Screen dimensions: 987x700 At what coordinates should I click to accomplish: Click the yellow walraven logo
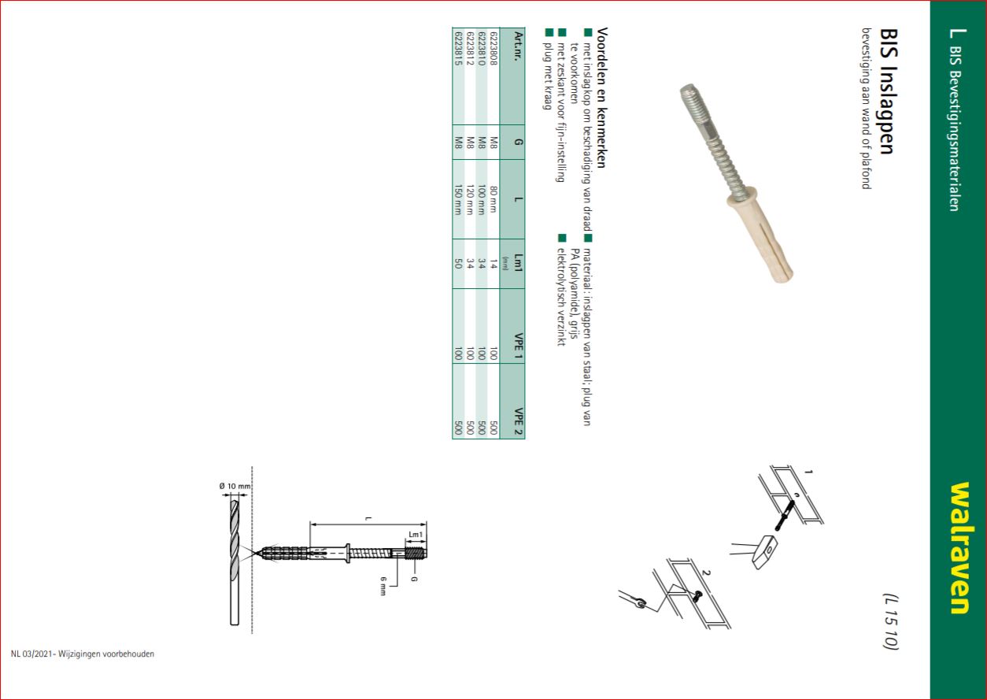(x=960, y=548)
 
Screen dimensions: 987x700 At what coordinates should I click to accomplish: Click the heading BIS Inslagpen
(x=889, y=91)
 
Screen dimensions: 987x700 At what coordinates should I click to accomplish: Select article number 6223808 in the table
(x=494, y=49)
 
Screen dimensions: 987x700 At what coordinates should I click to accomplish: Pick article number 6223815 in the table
(x=458, y=49)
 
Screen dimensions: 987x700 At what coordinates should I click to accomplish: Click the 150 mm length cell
(x=458, y=200)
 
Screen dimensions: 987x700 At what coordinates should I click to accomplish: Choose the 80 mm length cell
(x=494, y=199)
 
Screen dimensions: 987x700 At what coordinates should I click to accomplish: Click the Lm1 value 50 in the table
(x=458, y=264)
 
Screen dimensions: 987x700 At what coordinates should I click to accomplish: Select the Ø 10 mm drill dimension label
(x=235, y=486)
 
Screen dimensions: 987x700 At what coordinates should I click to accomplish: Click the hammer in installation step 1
(x=763, y=552)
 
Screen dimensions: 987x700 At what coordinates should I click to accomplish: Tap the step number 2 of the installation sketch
(x=706, y=573)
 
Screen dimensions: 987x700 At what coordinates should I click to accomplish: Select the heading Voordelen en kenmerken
(x=601, y=98)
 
